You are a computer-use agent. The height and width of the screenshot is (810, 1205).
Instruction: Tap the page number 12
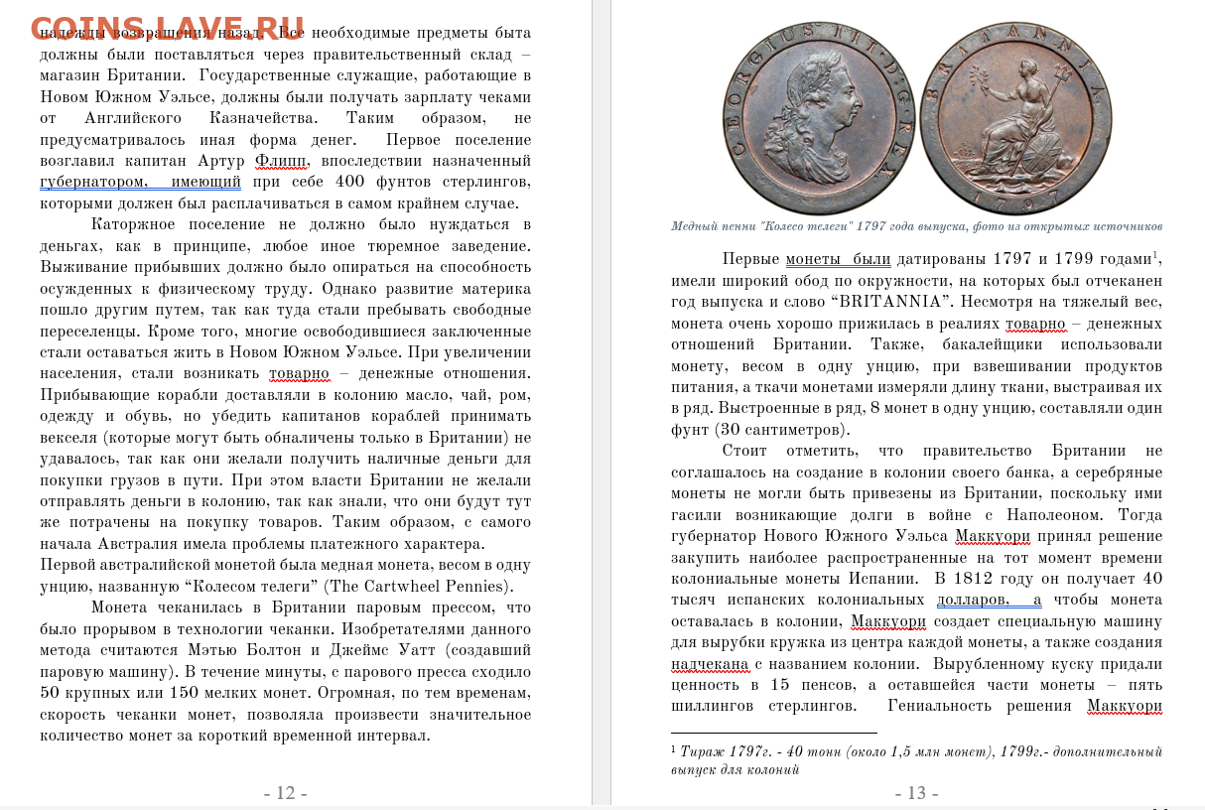click(285, 793)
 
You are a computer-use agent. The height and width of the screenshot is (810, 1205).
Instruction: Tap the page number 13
click(916, 793)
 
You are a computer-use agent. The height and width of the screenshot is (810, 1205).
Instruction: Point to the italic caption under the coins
click(916, 226)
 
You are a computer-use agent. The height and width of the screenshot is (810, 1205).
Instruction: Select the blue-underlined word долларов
click(974, 600)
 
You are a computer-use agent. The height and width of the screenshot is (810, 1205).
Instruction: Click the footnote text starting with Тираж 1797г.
click(916, 760)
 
